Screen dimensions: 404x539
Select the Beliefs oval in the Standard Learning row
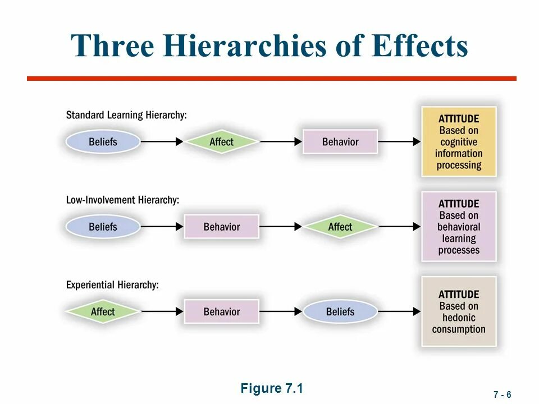point(103,142)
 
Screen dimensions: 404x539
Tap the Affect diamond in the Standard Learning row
point(221,142)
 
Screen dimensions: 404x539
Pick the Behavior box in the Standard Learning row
point(340,142)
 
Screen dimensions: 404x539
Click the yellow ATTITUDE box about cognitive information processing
point(459,142)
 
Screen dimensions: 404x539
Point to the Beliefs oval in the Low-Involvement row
point(103,227)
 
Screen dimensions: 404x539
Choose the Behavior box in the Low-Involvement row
point(221,227)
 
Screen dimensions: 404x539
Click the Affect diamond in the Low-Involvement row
point(340,227)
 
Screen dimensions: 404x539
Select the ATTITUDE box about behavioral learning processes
point(459,227)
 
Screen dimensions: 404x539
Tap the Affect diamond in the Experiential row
point(103,311)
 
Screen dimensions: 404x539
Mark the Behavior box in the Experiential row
point(221,311)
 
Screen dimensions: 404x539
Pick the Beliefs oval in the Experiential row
point(340,311)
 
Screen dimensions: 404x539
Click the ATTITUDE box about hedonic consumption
point(459,311)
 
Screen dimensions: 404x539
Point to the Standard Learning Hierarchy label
point(126,115)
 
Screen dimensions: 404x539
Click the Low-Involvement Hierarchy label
point(122,200)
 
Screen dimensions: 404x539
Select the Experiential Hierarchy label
point(112,284)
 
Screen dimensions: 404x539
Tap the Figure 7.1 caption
point(272,388)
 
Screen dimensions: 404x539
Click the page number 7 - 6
point(503,394)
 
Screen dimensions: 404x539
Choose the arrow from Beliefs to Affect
point(162,142)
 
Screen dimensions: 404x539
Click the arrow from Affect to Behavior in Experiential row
point(162,311)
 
